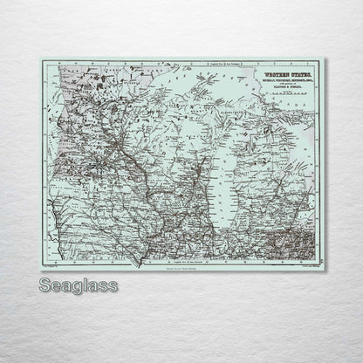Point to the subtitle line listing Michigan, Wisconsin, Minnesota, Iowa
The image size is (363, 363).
point(284,86)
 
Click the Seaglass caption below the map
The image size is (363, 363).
point(79,284)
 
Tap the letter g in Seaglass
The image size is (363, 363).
point(76,287)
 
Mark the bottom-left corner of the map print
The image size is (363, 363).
point(38,269)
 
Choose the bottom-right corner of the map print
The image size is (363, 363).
point(324,269)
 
